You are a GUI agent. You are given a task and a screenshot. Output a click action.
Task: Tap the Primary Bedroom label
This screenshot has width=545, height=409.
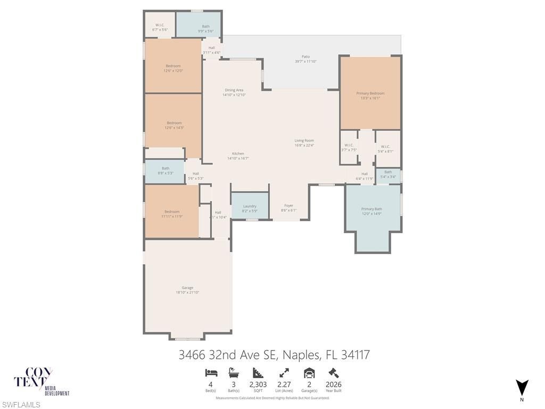(x=370, y=93)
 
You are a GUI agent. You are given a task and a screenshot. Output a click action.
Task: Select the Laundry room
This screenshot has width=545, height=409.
(x=250, y=206)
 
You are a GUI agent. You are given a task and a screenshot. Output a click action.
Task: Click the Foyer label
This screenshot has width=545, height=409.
(x=288, y=206)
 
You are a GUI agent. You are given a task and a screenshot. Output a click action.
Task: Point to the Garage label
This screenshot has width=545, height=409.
(x=187, y=288)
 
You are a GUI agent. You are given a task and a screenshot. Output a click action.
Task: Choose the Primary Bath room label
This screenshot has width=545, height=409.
(x=371, y=209)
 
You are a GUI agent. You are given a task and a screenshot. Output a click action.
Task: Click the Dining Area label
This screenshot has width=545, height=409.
(x=234, y=91)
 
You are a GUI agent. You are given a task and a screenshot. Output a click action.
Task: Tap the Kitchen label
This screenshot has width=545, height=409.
(x=238, y=154)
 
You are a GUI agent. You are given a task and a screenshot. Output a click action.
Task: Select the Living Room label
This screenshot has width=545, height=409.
(x=304, y=141)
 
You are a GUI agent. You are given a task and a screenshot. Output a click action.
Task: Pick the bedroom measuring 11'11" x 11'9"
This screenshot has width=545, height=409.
(x=171, y=212)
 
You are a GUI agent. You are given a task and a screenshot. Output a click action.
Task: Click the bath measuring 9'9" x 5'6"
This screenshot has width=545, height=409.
(x=205, y=27)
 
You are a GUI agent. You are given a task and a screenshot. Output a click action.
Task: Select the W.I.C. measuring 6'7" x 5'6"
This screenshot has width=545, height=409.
(x=160, y=26)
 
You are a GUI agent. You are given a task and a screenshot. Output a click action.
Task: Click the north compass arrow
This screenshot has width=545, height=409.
(x=522, y=387)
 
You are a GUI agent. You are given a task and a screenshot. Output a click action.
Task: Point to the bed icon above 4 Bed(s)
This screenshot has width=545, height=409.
(x=211, y=373)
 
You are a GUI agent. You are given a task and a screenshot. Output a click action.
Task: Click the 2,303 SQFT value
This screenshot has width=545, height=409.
(x=258, y=385)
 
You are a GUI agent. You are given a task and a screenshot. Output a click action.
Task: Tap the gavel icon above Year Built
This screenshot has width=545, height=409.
(x=334, y=373)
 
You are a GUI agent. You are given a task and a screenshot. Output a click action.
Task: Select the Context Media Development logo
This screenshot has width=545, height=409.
(x=42, y=381)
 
